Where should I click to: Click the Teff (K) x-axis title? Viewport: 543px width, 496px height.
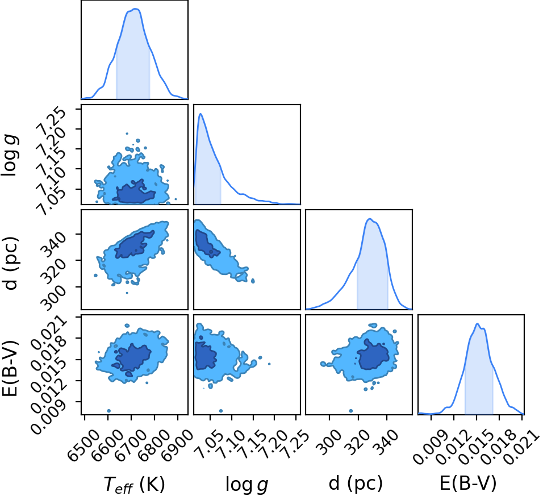[x=135, y=484]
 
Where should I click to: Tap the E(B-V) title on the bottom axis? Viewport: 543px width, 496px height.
[x=468, y=483]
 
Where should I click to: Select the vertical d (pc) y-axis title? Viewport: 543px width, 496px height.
[x=10, y=263]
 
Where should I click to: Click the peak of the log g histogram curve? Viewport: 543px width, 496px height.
[x=201, y=114]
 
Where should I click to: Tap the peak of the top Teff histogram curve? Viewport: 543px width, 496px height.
[x=136, y=9]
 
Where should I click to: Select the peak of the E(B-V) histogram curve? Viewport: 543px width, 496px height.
[x=478, y=324]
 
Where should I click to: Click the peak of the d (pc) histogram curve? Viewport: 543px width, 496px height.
[x=370, y=219]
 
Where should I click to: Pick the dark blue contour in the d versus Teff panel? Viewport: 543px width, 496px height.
[x=135, y=244]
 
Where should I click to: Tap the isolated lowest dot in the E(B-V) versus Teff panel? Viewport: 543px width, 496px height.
[x=108, y=411]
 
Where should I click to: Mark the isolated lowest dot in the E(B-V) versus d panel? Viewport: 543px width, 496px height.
[x=351, y=411]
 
